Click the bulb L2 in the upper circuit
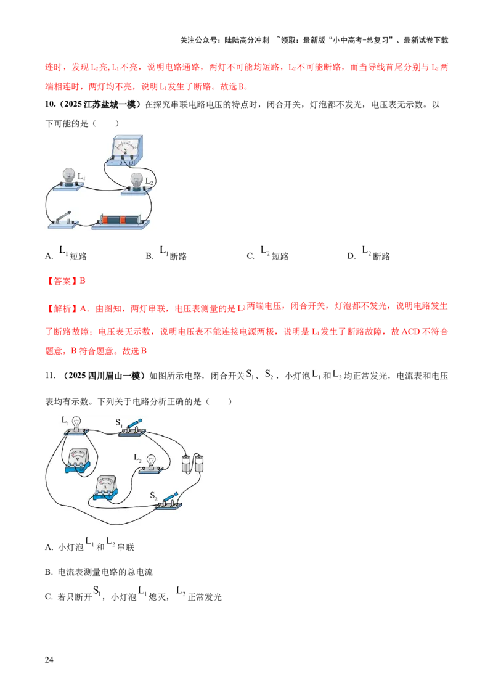[x=136, y=181]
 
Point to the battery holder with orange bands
[x=120, y=220]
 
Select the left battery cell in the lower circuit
[x=187, y=464]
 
